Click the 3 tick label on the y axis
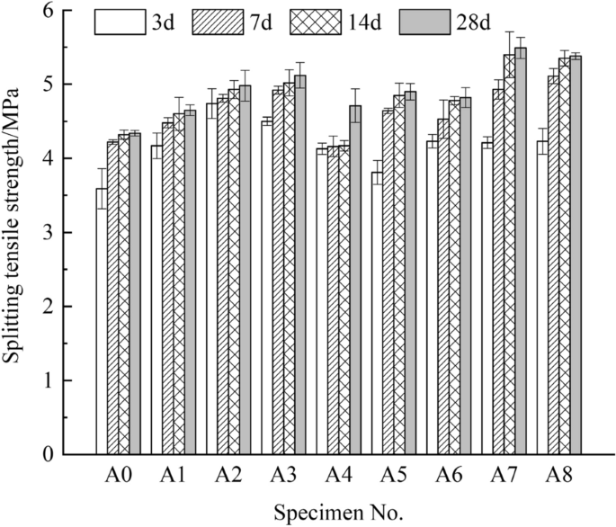pos(71,233)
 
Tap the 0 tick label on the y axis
pos(71,455)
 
